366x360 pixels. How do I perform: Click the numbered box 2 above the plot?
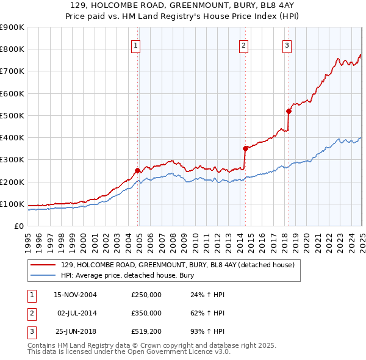click(x=244, y=45)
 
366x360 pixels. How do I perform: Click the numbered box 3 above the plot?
click(x=287, y=45)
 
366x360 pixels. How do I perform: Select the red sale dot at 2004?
click(x=138, y=171)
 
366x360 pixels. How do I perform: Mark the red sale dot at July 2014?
click(x=245, y=148)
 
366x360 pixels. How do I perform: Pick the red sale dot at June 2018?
click(x=289, y=111)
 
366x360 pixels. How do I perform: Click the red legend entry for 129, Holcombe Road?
click(x=178, y=265)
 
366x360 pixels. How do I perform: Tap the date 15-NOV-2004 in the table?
click(x=76, y=295)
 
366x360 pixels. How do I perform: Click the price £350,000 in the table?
click(x=146, y=313)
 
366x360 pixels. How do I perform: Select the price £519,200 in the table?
click(x=146, y=331)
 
